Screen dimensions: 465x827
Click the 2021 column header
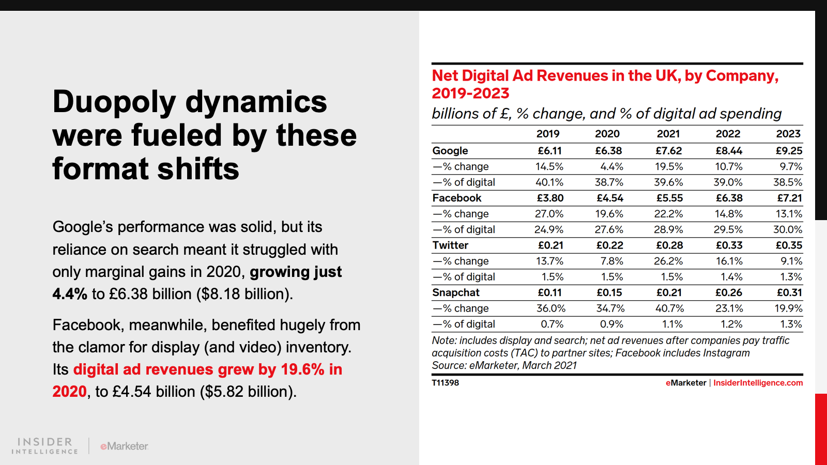[668, 134]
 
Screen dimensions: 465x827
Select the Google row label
[450, 151]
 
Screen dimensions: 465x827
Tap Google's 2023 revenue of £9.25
[789, 151]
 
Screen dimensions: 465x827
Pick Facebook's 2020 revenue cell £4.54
[610, 198]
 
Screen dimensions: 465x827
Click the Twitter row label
[450, 245]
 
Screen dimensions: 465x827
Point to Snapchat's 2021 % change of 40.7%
[669, 308]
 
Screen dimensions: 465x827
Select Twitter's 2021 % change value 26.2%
[668, 261]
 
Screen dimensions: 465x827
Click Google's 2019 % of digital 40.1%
[549, 182]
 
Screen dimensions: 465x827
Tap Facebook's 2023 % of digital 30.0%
[788, 229]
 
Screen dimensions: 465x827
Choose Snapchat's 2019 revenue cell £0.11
[549, 292]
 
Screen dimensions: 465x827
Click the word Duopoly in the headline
[114, 102]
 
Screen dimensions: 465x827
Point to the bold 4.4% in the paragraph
[70, 294]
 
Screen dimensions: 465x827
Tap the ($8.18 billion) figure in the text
[244, 294]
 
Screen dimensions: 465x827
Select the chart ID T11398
[445, 383]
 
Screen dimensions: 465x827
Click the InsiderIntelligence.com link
[758, 383]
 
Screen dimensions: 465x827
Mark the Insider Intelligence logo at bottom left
[45, 446]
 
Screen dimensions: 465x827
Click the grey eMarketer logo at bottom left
[124, 446]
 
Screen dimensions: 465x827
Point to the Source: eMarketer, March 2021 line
[504, 365]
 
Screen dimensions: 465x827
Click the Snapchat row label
[456, 292]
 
